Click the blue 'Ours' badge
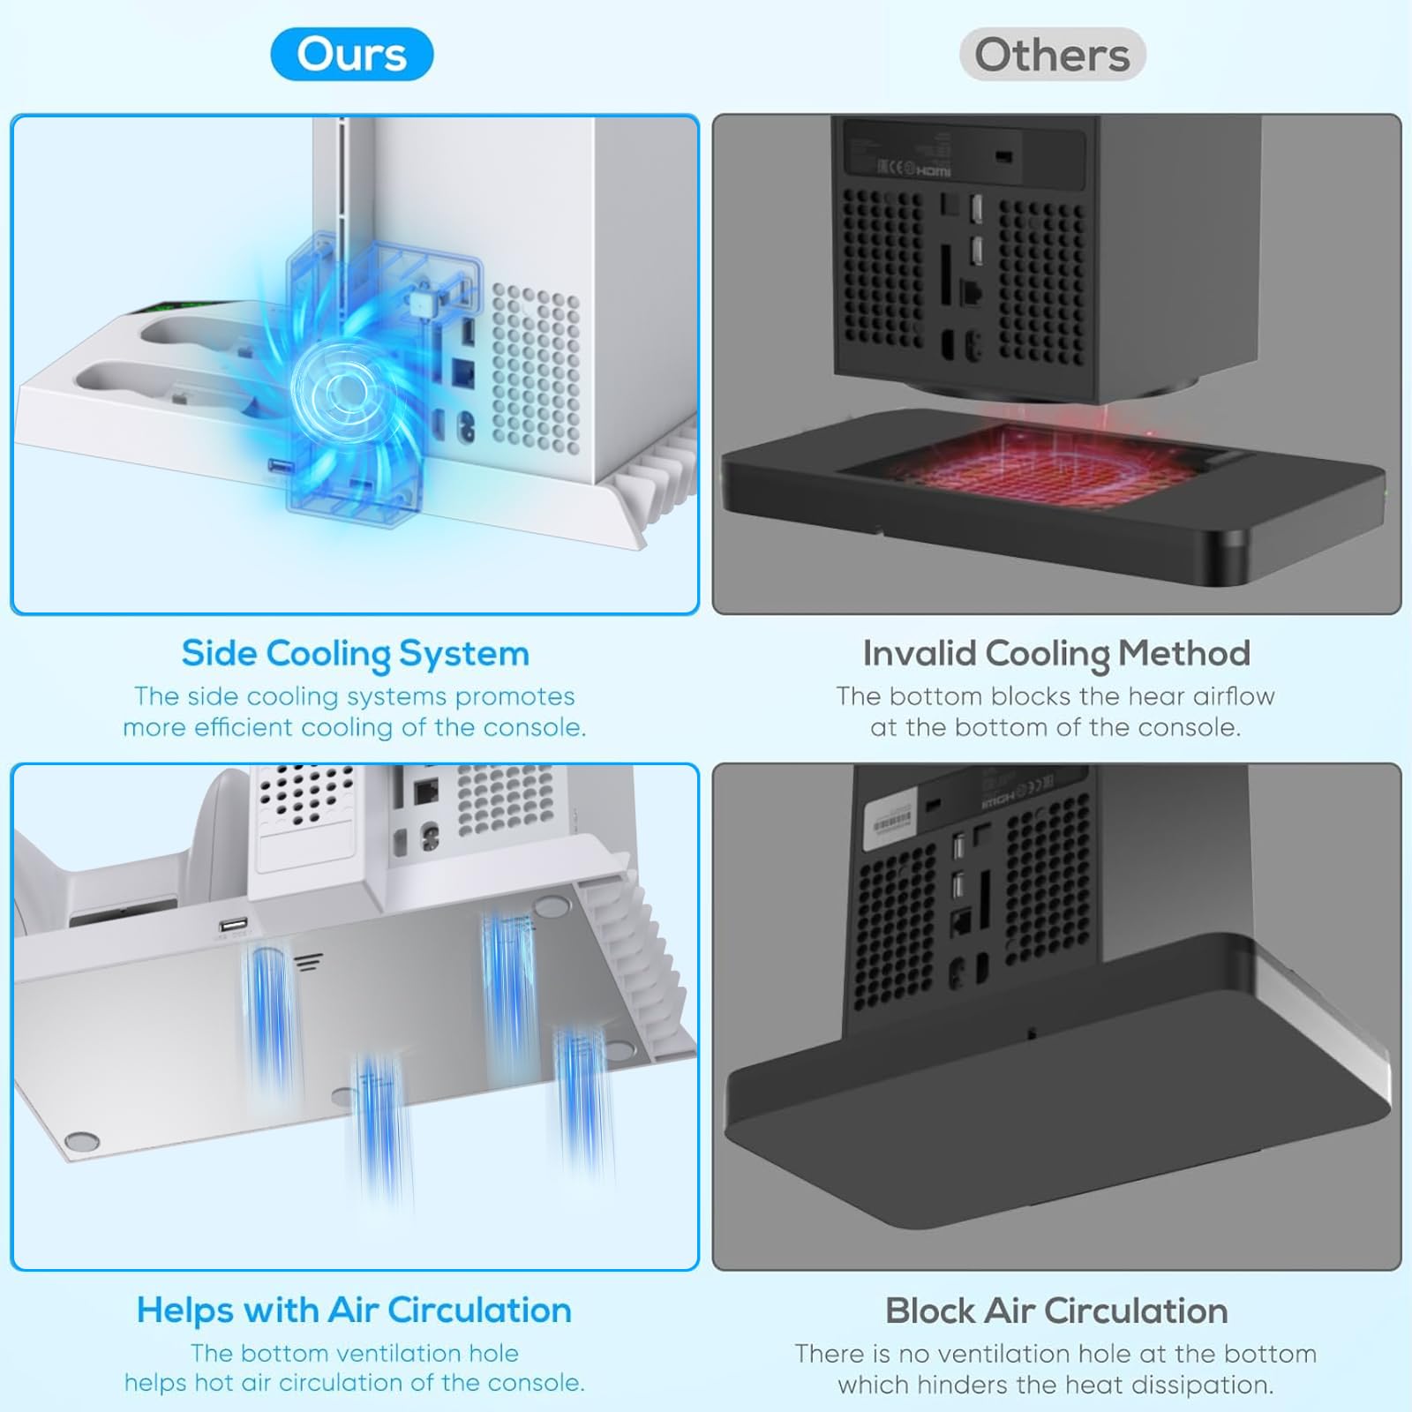[x=351, y=54]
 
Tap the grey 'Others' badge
[x=1052, y=54]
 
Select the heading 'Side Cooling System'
[x=355, y=654]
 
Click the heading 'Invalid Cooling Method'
[x=1056, y=654]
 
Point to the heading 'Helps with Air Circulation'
[x=354, y=1311]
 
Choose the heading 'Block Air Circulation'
[x=1056, y=1311]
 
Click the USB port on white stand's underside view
[x=233, y=927]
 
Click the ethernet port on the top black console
[x=971, y=294]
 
